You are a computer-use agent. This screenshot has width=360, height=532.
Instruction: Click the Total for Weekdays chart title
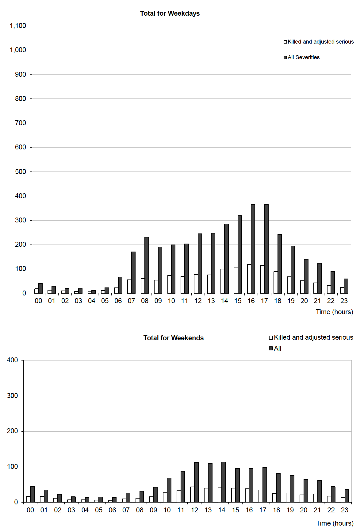170,13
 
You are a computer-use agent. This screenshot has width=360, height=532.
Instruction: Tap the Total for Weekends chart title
173,338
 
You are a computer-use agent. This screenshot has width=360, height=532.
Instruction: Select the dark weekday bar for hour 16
253,249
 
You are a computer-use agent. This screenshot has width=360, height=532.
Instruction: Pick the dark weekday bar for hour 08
147,265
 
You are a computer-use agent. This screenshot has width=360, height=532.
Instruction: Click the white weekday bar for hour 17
262,279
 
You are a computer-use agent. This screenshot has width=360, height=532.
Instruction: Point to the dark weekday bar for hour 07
133,272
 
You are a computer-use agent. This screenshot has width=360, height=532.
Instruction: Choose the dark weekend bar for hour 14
224,482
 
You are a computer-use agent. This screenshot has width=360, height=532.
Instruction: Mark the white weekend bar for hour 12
192,494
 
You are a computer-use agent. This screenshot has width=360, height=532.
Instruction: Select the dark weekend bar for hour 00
32,494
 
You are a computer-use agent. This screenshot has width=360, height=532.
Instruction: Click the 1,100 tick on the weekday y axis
18,26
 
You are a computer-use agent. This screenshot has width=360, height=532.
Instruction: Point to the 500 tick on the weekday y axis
21,172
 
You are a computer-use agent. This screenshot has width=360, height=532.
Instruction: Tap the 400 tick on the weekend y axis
12,360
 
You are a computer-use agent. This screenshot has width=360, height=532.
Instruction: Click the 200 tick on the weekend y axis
12,431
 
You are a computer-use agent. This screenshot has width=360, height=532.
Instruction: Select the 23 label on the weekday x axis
344,301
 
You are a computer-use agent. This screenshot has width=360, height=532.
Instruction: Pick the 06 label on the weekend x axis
112,510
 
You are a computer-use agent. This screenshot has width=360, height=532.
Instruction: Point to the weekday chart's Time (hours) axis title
334,312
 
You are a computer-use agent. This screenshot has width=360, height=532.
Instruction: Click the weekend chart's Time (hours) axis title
335,523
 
